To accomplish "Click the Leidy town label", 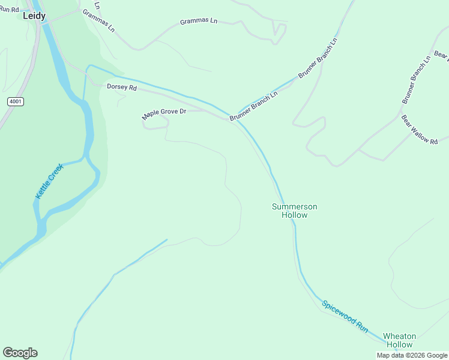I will pyautogui.click(x=34, y=16).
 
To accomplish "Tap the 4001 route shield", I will pyautogui.click(x=16, y=101).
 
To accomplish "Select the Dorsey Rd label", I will pyautogui.click(x=122, y=88).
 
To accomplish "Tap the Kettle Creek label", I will pyautogui.click(x=49, y=182).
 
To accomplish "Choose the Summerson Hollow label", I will pyautogui.click(x=294, y=211).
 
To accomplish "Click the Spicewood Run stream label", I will pyautogui.click(x=345, y=316).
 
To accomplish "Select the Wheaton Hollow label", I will pyautogui.click(x=399, y=340).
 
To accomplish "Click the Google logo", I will pyautogui.click(x=20, y=353).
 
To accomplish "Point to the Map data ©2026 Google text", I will pyautogui.click(x=412, y=355).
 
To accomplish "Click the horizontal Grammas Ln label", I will pyautogui.click(x=199, y=21).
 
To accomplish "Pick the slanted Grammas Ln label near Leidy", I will pyautogui.click(x=98, y=20).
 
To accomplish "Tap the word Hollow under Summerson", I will pyautogui.click(x=294, y=215).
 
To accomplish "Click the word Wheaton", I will pyautogui.click(x=399, y=336).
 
